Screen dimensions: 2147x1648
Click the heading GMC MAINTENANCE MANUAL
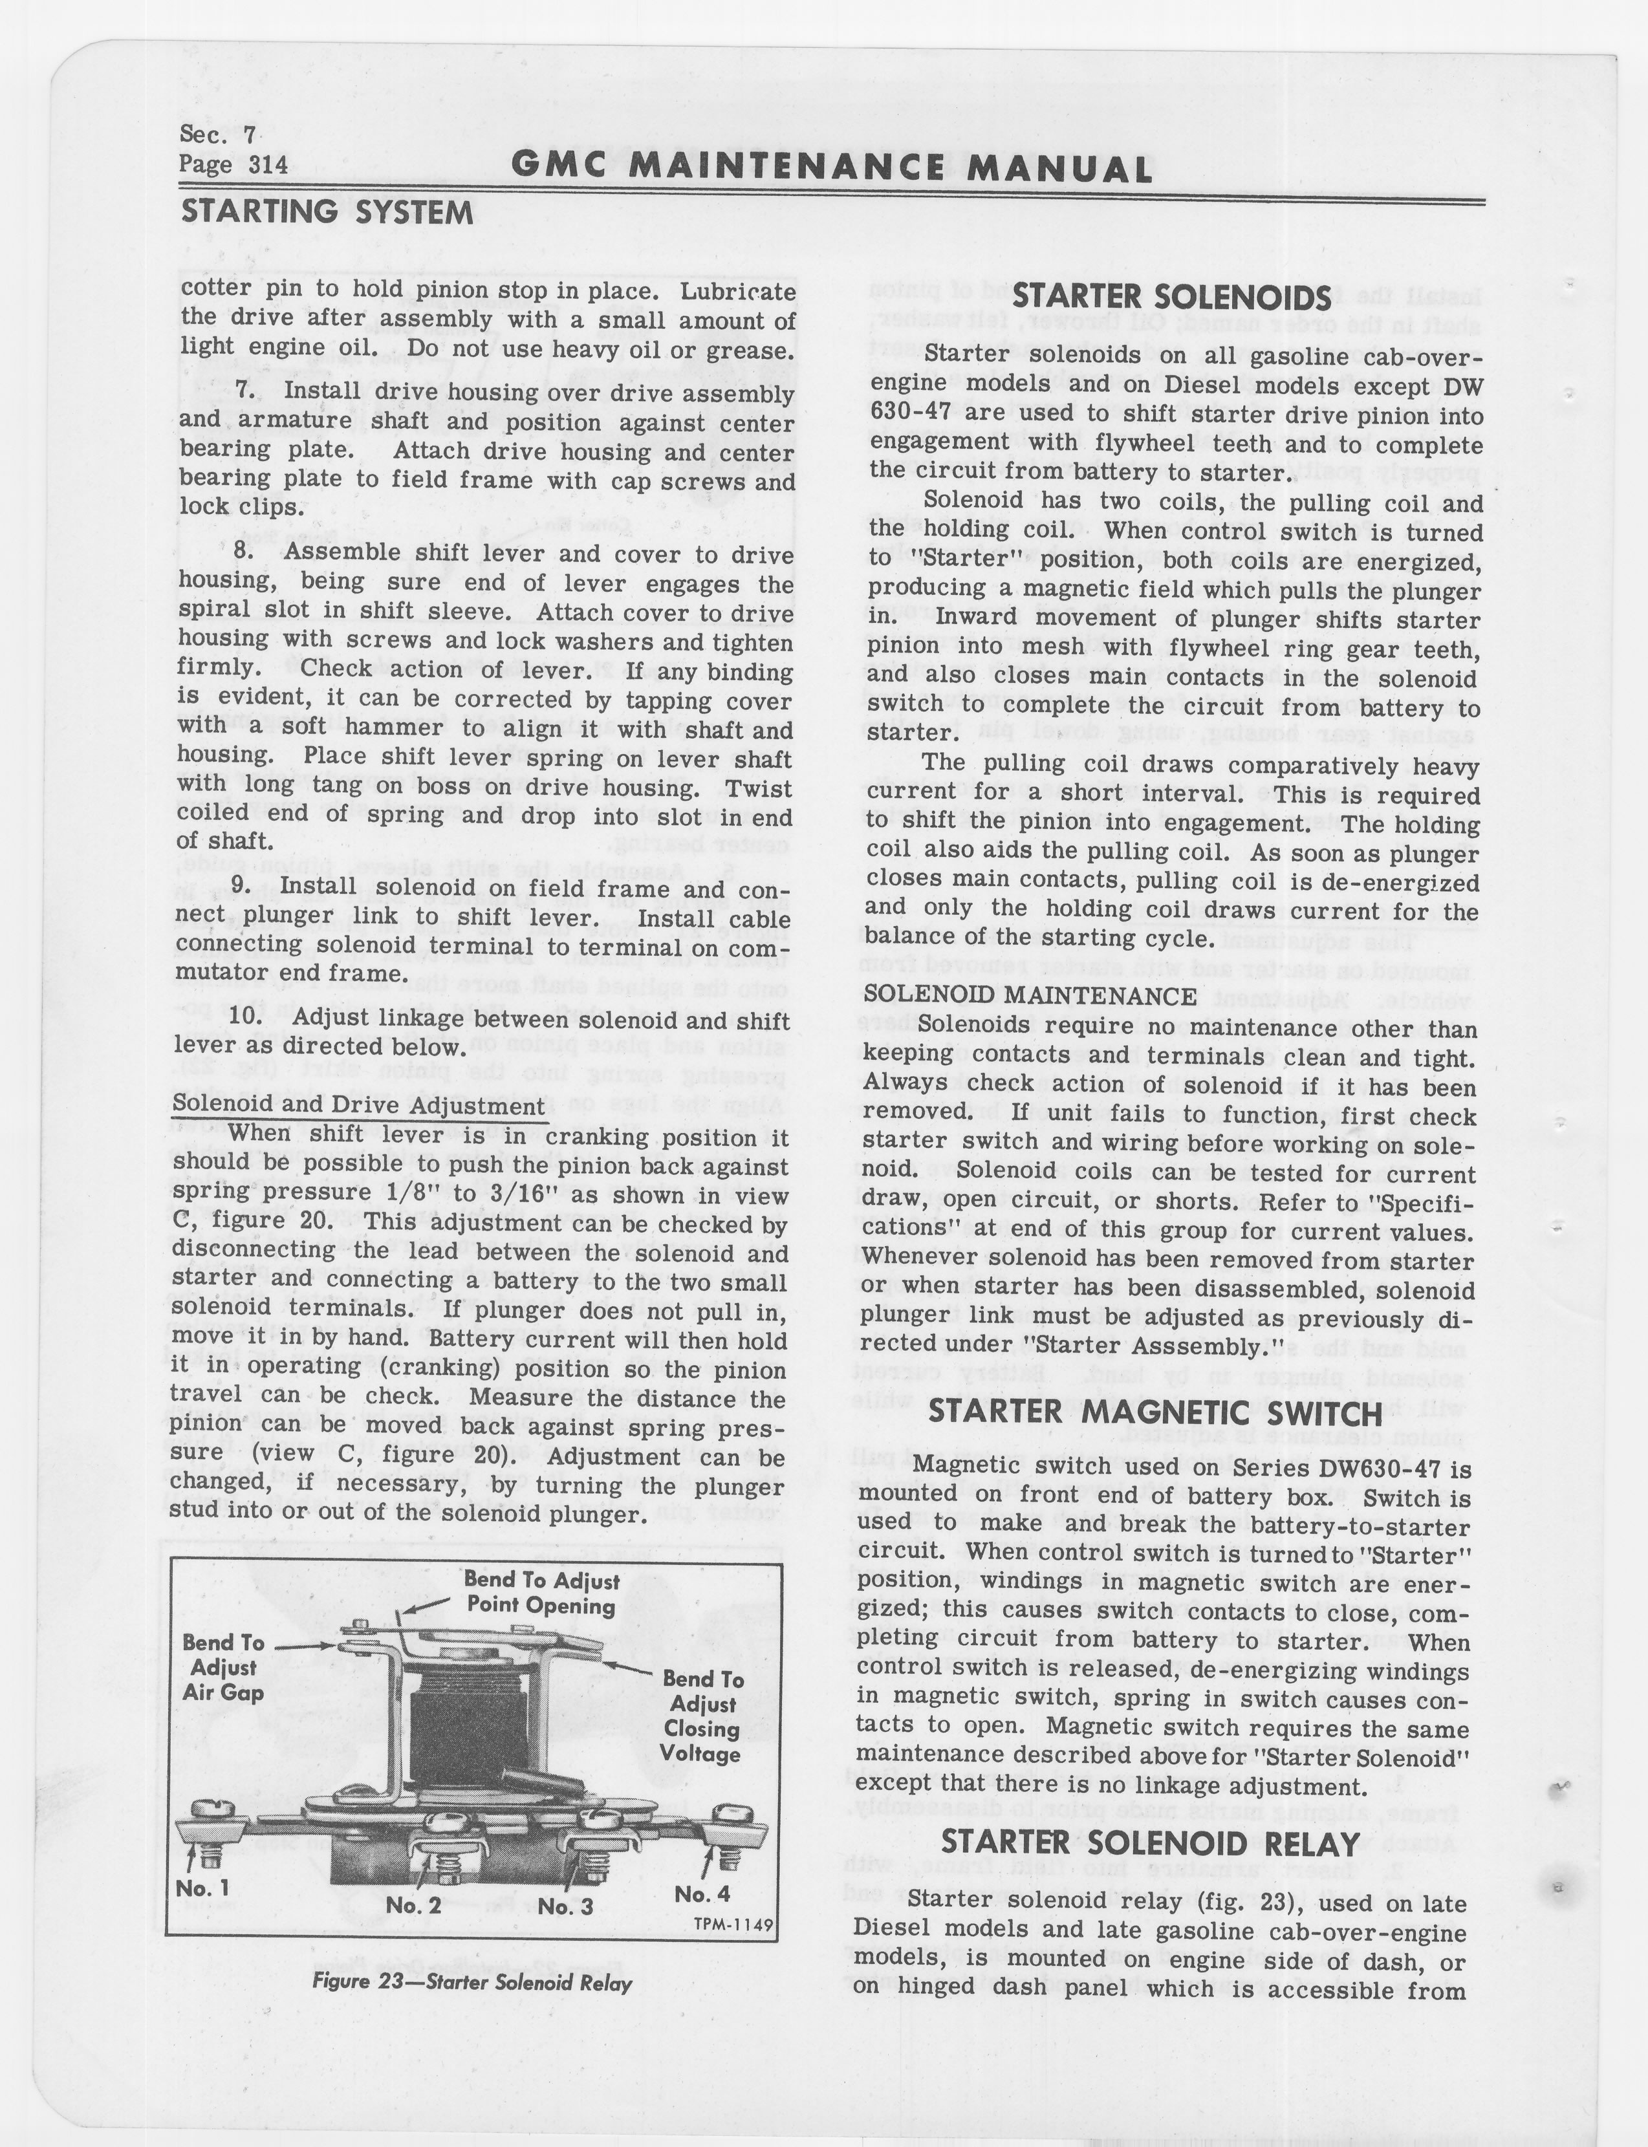832,169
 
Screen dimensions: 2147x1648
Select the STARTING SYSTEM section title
326,212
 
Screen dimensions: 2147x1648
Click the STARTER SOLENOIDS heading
1171,298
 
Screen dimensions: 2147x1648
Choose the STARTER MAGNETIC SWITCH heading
1156,1414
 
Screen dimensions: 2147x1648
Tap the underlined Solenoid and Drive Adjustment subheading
359,1105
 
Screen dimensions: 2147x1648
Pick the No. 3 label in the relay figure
565,1906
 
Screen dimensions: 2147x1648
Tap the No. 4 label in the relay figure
702,1894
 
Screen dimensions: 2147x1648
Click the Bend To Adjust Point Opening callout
541,1593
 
